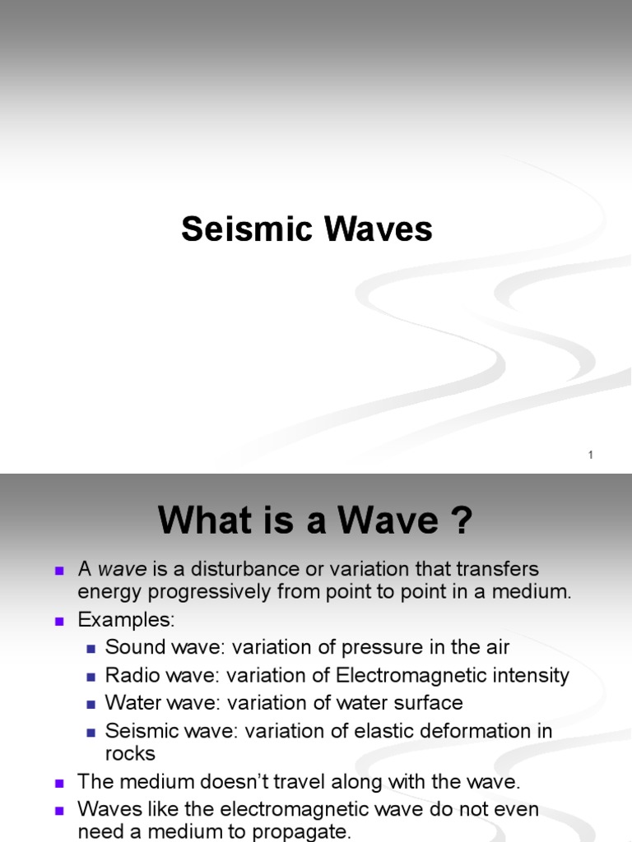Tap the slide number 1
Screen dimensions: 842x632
coord(591,456)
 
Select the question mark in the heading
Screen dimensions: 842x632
coord(461,520)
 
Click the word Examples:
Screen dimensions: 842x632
coord(126,618)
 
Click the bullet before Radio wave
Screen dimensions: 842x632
coord(92,677)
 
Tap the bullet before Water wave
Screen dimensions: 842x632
coord(92,704)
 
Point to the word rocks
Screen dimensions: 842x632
coord(130,753)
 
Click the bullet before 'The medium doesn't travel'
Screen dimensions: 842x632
coord(59,783)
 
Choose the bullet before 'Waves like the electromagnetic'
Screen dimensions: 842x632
coord(59,811)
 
